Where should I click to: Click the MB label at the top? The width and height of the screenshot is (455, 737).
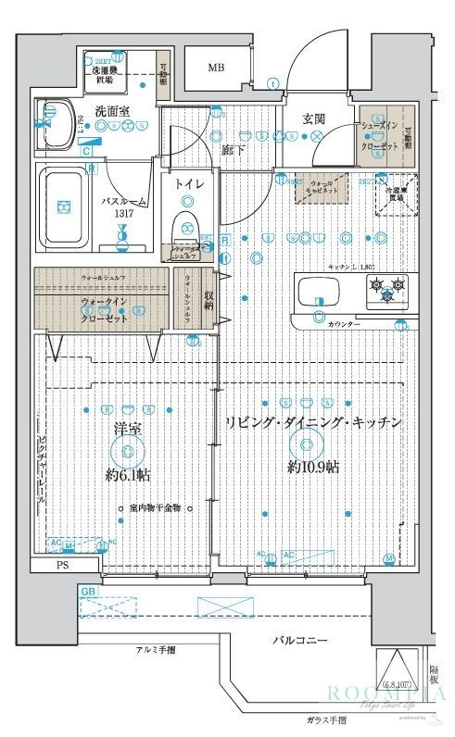(x=215, y=68)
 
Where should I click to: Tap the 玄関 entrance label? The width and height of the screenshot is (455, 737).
(x=314, y=118)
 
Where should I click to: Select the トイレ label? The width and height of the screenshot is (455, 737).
(x=190, y=183)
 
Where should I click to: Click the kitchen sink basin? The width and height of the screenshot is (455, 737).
(x=320, y=294)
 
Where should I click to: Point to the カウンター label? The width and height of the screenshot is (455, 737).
(x=344, y=323)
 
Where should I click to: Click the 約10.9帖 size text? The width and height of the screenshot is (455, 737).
(x=312, y=467)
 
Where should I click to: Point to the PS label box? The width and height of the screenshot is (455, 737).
(x=63, y=564)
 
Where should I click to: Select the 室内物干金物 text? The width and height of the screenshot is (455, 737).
(x=154, y=507)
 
